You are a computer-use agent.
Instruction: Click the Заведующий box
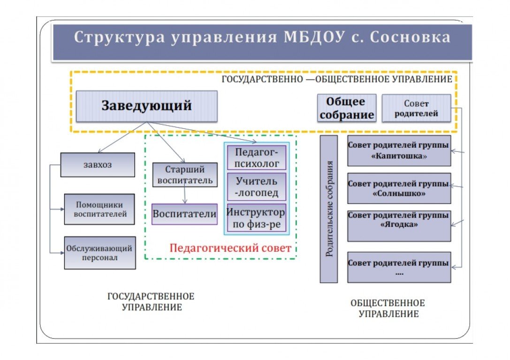146,106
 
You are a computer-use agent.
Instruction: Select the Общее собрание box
347,108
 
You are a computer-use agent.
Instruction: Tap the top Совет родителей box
416,108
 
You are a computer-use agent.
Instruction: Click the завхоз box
97,165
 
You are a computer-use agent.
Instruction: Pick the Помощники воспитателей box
99,210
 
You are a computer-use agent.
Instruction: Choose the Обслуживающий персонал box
99,253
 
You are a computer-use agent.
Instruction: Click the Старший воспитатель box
185,174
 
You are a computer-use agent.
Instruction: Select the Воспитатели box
184,214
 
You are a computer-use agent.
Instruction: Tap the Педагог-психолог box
257,157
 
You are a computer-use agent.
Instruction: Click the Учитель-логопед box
257,187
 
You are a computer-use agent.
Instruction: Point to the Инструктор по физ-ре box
257,218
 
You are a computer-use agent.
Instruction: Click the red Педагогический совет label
230,248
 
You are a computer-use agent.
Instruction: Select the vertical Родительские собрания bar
329,209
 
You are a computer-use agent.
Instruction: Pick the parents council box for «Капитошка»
399,150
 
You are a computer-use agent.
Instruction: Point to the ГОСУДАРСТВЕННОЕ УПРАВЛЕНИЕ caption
151,302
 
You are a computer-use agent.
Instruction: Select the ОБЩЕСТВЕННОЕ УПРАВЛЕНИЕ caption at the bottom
388,308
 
